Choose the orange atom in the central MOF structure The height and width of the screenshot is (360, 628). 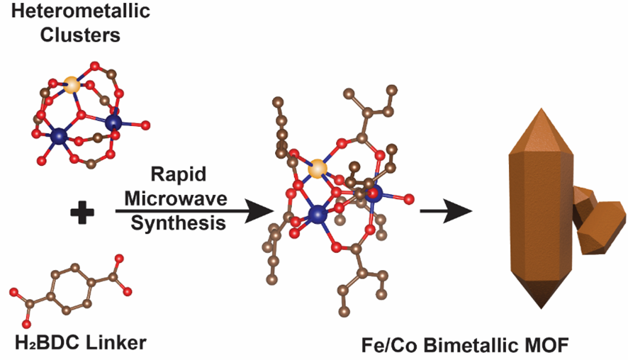(319, 168)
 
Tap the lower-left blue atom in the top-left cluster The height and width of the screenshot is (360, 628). (59, 135)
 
